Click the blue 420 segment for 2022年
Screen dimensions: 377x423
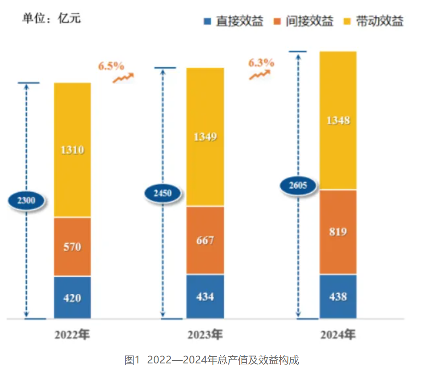point(72,297)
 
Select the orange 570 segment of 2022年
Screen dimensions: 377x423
point(72,247)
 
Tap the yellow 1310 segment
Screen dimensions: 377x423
point(72,150)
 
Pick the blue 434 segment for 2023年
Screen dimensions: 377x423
point(205,296)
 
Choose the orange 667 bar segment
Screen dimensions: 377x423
point(205,240)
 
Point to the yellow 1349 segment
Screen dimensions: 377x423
point(205,137)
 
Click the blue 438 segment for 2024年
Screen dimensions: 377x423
point(338,296)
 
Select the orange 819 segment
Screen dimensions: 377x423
point(338,232)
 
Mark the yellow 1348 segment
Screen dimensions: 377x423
point(338,120)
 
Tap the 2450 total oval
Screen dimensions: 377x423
point(163,192)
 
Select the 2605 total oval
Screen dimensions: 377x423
point(299,185)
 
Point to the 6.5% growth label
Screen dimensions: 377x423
point(111,66)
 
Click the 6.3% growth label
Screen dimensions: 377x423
point(261,63)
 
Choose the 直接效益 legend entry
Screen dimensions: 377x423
point(234,21)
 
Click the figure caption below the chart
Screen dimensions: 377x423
point(211,360)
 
